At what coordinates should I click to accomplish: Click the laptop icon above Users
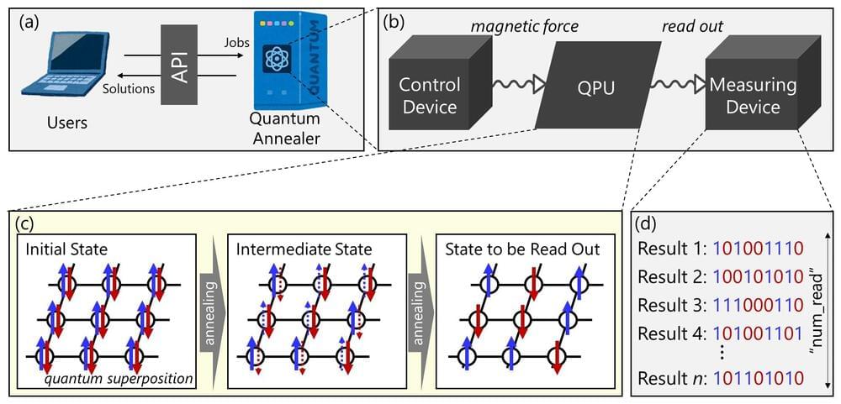(x=72, y=68)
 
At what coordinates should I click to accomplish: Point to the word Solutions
(x=129, y=88)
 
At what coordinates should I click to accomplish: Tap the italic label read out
(x=692, y=26)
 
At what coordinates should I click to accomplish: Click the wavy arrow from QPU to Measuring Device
(x=674, y=85)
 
